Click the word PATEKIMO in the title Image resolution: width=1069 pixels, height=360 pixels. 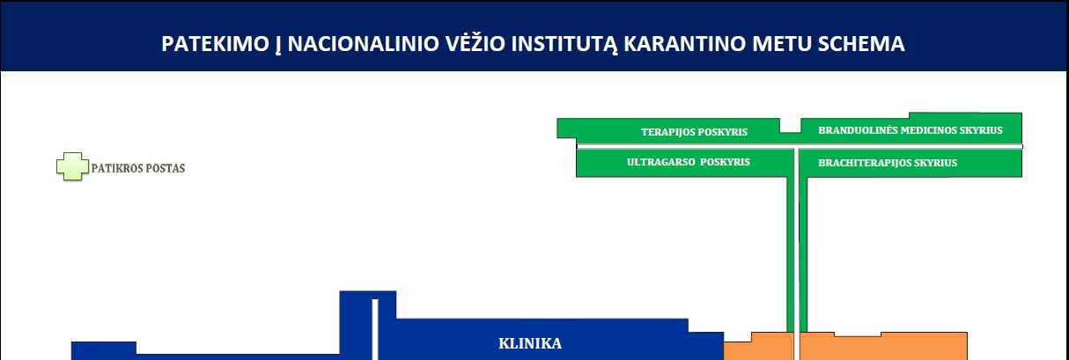(216, 43)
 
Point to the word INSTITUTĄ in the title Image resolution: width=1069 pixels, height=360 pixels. (564, 44)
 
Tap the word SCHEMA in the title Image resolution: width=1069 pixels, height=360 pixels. (861, 43)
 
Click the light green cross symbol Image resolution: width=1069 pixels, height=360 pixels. (72, 166)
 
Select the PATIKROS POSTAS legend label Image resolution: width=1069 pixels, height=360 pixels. (138, 168)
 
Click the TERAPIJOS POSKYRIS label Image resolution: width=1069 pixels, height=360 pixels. (694, 132)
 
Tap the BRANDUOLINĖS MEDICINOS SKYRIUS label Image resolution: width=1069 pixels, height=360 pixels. (910, 130)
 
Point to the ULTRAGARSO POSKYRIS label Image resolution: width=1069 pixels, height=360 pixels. (689, 162)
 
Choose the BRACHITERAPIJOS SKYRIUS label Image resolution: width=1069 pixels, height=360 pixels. (888, 163)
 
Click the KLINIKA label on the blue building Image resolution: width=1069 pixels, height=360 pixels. (530, 343)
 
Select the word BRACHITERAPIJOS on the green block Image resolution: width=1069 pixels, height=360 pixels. (864, 163)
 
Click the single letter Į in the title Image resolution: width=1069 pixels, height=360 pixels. (278, 45)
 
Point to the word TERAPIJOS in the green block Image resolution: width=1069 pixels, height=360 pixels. (667, 132)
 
